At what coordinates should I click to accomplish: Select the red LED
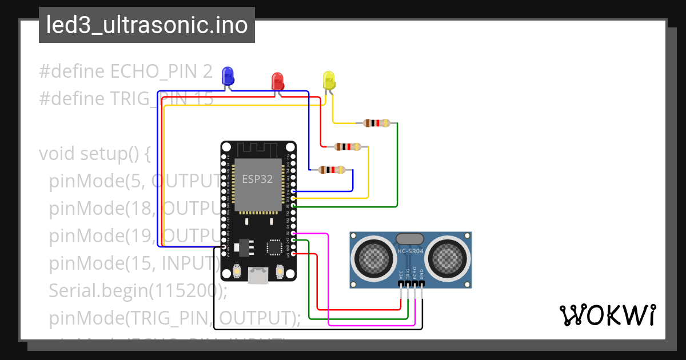(278, 81)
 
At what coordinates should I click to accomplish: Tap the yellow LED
(328, 80)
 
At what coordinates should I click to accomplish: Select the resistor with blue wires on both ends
(331, 170)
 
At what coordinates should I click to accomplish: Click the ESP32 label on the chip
(257, 178)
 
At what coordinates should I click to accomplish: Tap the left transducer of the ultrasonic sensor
(373, 254)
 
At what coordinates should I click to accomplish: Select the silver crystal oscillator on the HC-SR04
(410, 238)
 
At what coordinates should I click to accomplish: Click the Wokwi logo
(607, 315)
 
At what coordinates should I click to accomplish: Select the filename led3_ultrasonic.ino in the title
(146, 25)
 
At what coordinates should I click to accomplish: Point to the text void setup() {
(94, 154)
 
